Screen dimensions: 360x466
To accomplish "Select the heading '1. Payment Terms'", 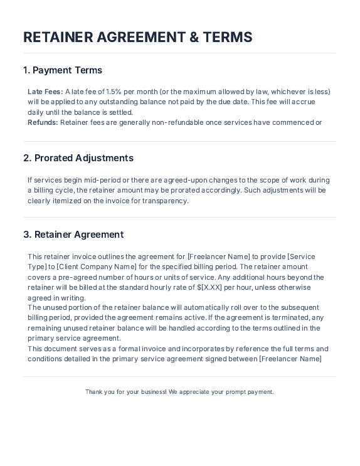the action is [x=63, y=70].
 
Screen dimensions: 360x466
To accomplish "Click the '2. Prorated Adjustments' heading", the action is [x=78, y=158].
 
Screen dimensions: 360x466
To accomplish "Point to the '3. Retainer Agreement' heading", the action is [x=73, y=235].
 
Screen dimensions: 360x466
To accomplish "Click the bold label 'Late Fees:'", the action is [x=45, y=92].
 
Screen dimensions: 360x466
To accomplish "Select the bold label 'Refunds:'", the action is [x=43, y=122].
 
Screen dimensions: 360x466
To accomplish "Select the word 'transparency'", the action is [x=167, y=201].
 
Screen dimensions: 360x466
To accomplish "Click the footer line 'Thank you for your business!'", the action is [x=126, y=392].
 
